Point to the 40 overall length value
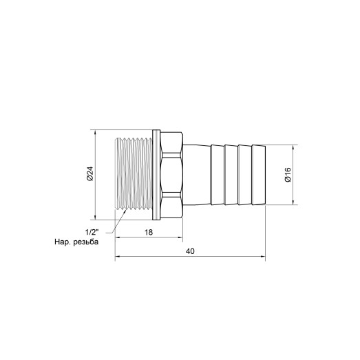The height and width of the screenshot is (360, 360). pos(191,252)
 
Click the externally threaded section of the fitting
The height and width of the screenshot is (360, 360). pos(135,175)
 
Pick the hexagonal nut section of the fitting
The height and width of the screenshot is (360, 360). pos(172,175)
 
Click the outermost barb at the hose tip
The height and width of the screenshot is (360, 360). pos(259,175)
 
